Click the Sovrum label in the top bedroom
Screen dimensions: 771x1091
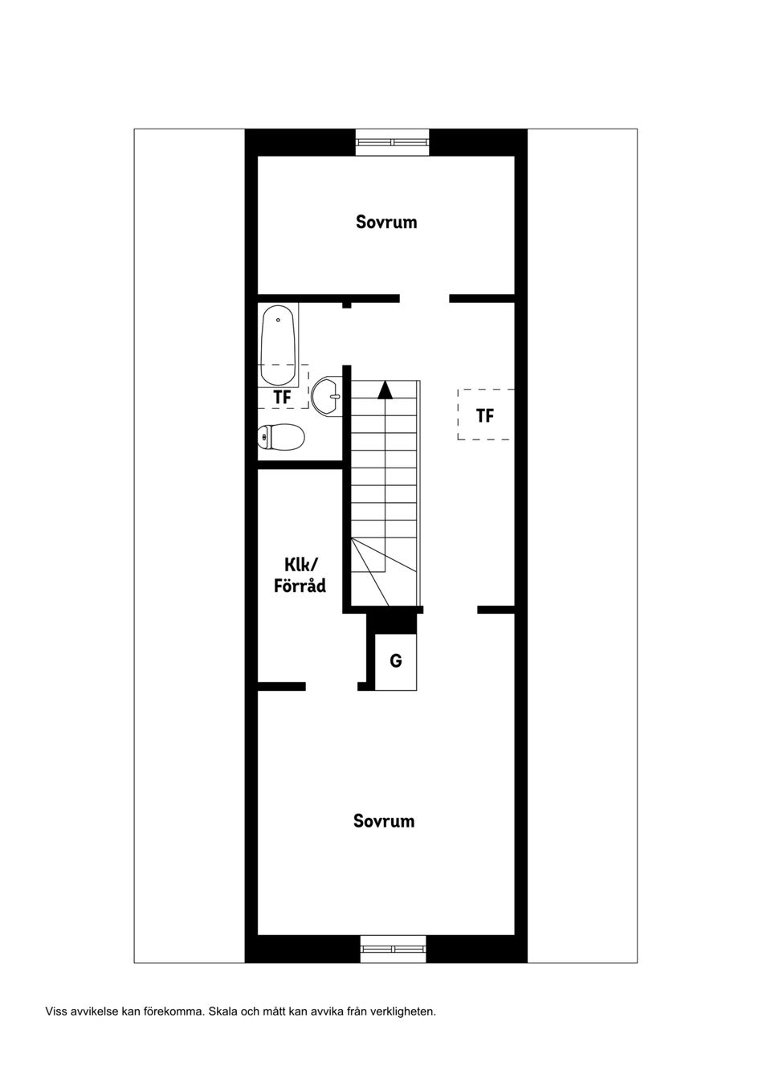[x=386, y=222]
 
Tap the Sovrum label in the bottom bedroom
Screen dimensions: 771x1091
[x=384, y=821]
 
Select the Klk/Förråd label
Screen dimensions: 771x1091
[x=300, y=576]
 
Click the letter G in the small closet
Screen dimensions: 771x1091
[x=396, y=661]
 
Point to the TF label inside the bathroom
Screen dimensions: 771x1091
[x=283, y=397]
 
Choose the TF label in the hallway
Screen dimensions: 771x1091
[x=485, y=415]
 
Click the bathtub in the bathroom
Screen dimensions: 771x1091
[x=278, y=350]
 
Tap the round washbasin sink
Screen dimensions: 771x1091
[x=327, y=396]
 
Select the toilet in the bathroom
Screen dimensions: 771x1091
[x=281, y=436]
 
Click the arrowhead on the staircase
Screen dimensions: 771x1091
[x=385, y=390]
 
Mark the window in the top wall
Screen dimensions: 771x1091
[x=392, y=142]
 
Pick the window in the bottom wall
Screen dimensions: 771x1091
[x=394, y=950]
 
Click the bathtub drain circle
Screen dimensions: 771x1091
[x=278, y=320]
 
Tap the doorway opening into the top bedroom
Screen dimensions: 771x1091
[x=424, y=299]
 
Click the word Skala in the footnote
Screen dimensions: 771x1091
[x=220, y=1011]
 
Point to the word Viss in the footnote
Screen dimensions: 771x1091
[x=55, y=1011]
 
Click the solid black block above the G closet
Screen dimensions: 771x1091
[x=392, y=623]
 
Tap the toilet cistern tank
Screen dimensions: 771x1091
[x=263, y=436]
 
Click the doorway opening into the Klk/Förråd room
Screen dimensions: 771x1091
[x=332, y=687]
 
